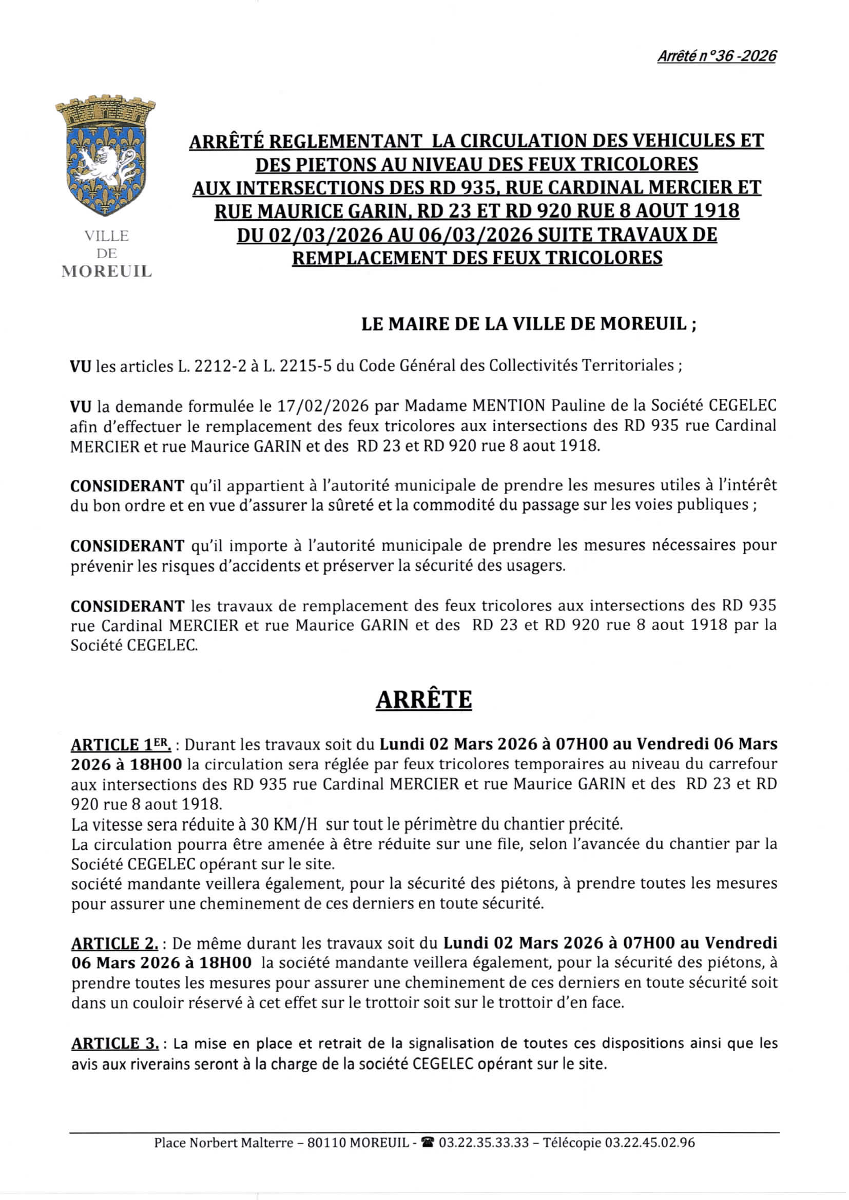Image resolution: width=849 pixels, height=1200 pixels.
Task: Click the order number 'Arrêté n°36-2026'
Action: (x=716, y=56)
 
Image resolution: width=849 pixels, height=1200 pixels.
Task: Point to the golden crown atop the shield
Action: (x=105, y=110)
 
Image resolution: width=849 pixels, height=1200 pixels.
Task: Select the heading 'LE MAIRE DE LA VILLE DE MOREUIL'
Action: (x=529, y=324)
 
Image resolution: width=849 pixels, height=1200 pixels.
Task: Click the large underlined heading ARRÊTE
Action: (x=424, y=700)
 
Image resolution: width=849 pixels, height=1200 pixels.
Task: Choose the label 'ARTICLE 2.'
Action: (x=114, y=943)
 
